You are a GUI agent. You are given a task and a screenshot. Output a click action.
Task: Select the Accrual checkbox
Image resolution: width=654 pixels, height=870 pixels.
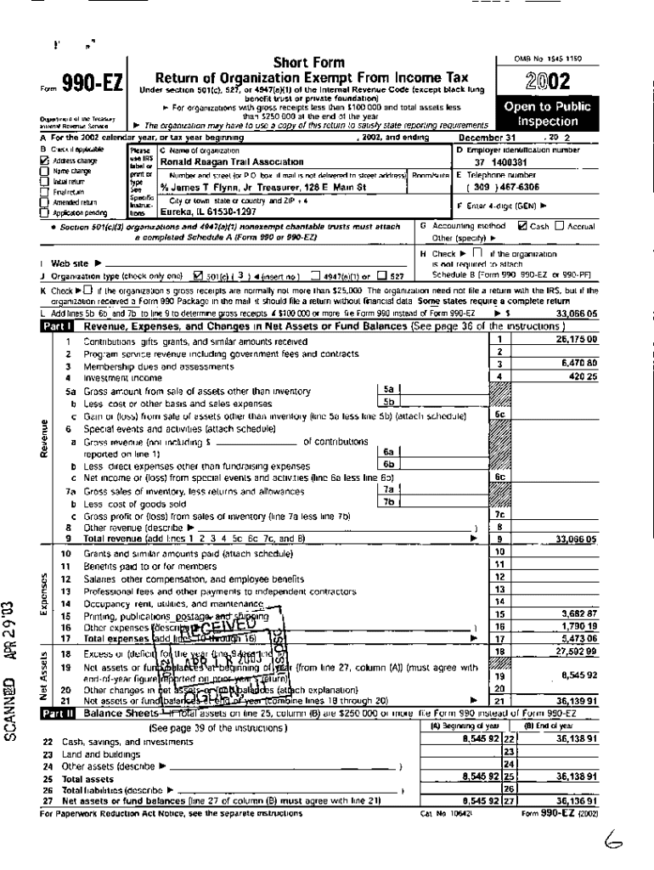tap(561, 226)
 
